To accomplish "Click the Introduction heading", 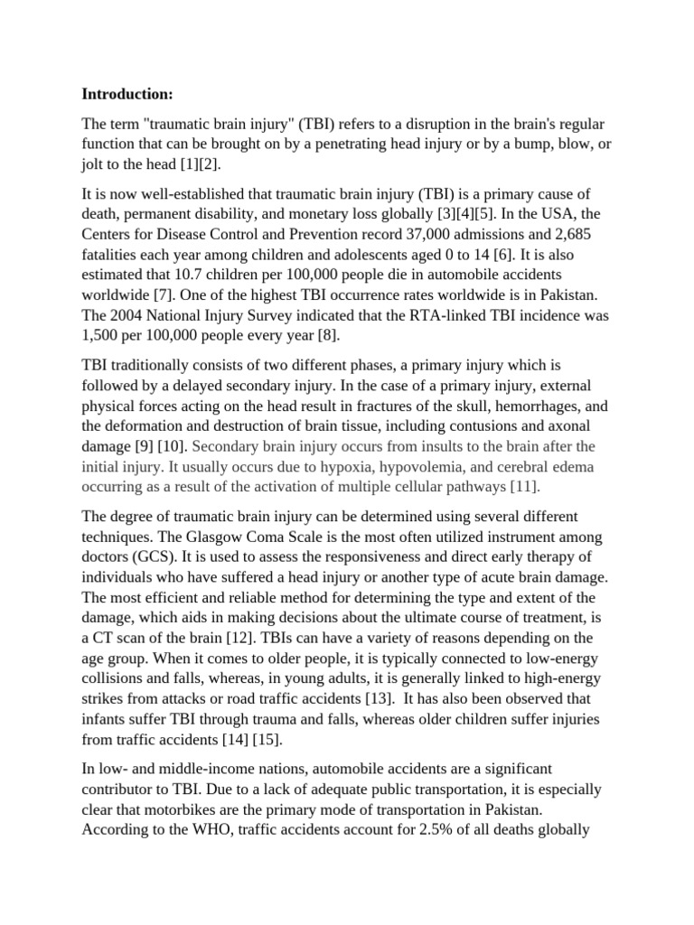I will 127,94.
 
